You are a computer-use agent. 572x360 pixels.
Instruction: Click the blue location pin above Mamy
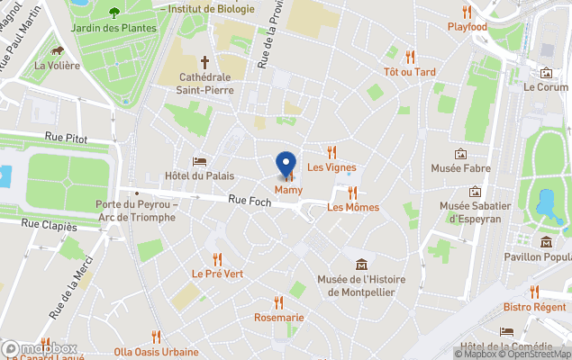point(286,164)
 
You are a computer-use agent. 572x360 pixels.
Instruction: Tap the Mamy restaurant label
point(288,190)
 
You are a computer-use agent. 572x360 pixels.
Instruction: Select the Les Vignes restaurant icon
point(331,152)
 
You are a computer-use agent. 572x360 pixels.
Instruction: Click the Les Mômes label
point(353,207)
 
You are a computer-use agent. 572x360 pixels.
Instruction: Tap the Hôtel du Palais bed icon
point(200,160)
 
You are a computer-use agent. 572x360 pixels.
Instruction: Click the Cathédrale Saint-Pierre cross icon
point(205,62)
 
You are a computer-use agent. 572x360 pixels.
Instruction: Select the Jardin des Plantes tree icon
point(114,13)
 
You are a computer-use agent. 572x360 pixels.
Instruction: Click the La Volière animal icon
point(57,50)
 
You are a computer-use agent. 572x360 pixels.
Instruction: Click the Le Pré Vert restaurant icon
point(217,236)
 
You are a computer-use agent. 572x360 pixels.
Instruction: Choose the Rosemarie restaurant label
point(278,318)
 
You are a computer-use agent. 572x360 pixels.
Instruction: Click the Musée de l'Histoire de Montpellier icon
point(361,264)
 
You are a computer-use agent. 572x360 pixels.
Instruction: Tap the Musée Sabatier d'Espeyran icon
point(475,192)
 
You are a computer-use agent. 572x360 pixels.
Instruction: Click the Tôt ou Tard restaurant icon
point(410,57)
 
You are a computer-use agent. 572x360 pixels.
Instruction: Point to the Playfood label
point(468,27)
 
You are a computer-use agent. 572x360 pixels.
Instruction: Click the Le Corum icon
point(546,73)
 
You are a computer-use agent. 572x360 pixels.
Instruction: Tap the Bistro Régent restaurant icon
point(534,292)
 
